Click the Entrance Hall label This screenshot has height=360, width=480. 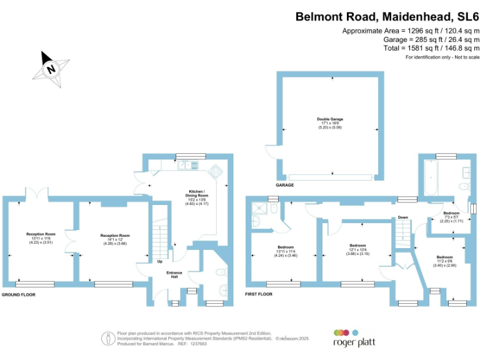click(x=174, y=275)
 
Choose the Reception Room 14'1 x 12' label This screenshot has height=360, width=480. click(x=115, y=240)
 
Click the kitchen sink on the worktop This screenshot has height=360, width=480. click(x=186, y=165)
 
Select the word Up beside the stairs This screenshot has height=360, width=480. click(x=160, y=261)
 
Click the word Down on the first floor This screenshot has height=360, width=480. click(x=403, y=217)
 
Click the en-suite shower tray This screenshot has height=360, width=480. click(x=257, y=212)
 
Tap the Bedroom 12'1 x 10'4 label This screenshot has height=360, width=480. click(x=357, y=249)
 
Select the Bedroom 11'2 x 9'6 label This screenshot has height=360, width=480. click(x=445, y=261)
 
